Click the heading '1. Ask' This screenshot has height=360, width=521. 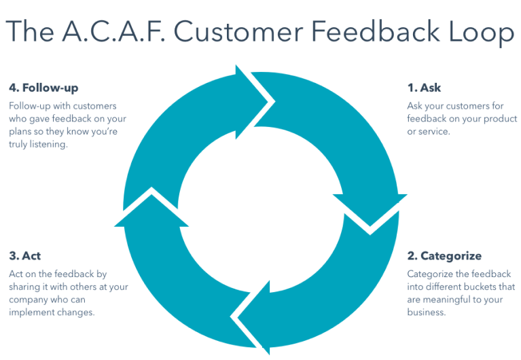coord(424,88)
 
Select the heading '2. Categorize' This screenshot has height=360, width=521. coord(444,256)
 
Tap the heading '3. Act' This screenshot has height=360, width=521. coord(25,256)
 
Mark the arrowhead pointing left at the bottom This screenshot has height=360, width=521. coord(251,319)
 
